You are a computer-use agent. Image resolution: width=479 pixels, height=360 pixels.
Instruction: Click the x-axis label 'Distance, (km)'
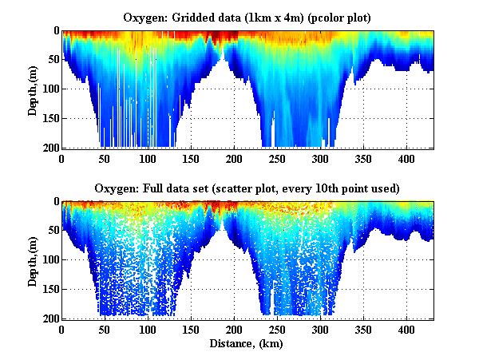click(247, 345)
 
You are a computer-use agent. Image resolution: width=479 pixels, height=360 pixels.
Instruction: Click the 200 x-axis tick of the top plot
click(234, 158)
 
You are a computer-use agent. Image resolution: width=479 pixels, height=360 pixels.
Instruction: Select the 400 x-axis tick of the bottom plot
click(406, 329)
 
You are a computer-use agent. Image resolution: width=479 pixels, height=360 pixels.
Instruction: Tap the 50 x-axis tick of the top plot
click(105, 158)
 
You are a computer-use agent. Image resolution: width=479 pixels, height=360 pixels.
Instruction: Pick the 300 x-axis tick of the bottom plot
click(320, 329)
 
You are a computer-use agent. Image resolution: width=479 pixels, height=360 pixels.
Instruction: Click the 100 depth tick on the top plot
click(50, 89)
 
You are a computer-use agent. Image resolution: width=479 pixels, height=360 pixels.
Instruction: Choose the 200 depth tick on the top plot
click(50, 148)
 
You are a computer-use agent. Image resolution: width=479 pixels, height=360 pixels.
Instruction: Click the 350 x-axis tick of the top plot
click(363, 158)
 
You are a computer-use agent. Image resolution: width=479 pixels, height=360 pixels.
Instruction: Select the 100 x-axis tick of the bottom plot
click(148, 329)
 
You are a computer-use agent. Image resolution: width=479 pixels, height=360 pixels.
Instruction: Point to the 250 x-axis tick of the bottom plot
click(277, 329)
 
